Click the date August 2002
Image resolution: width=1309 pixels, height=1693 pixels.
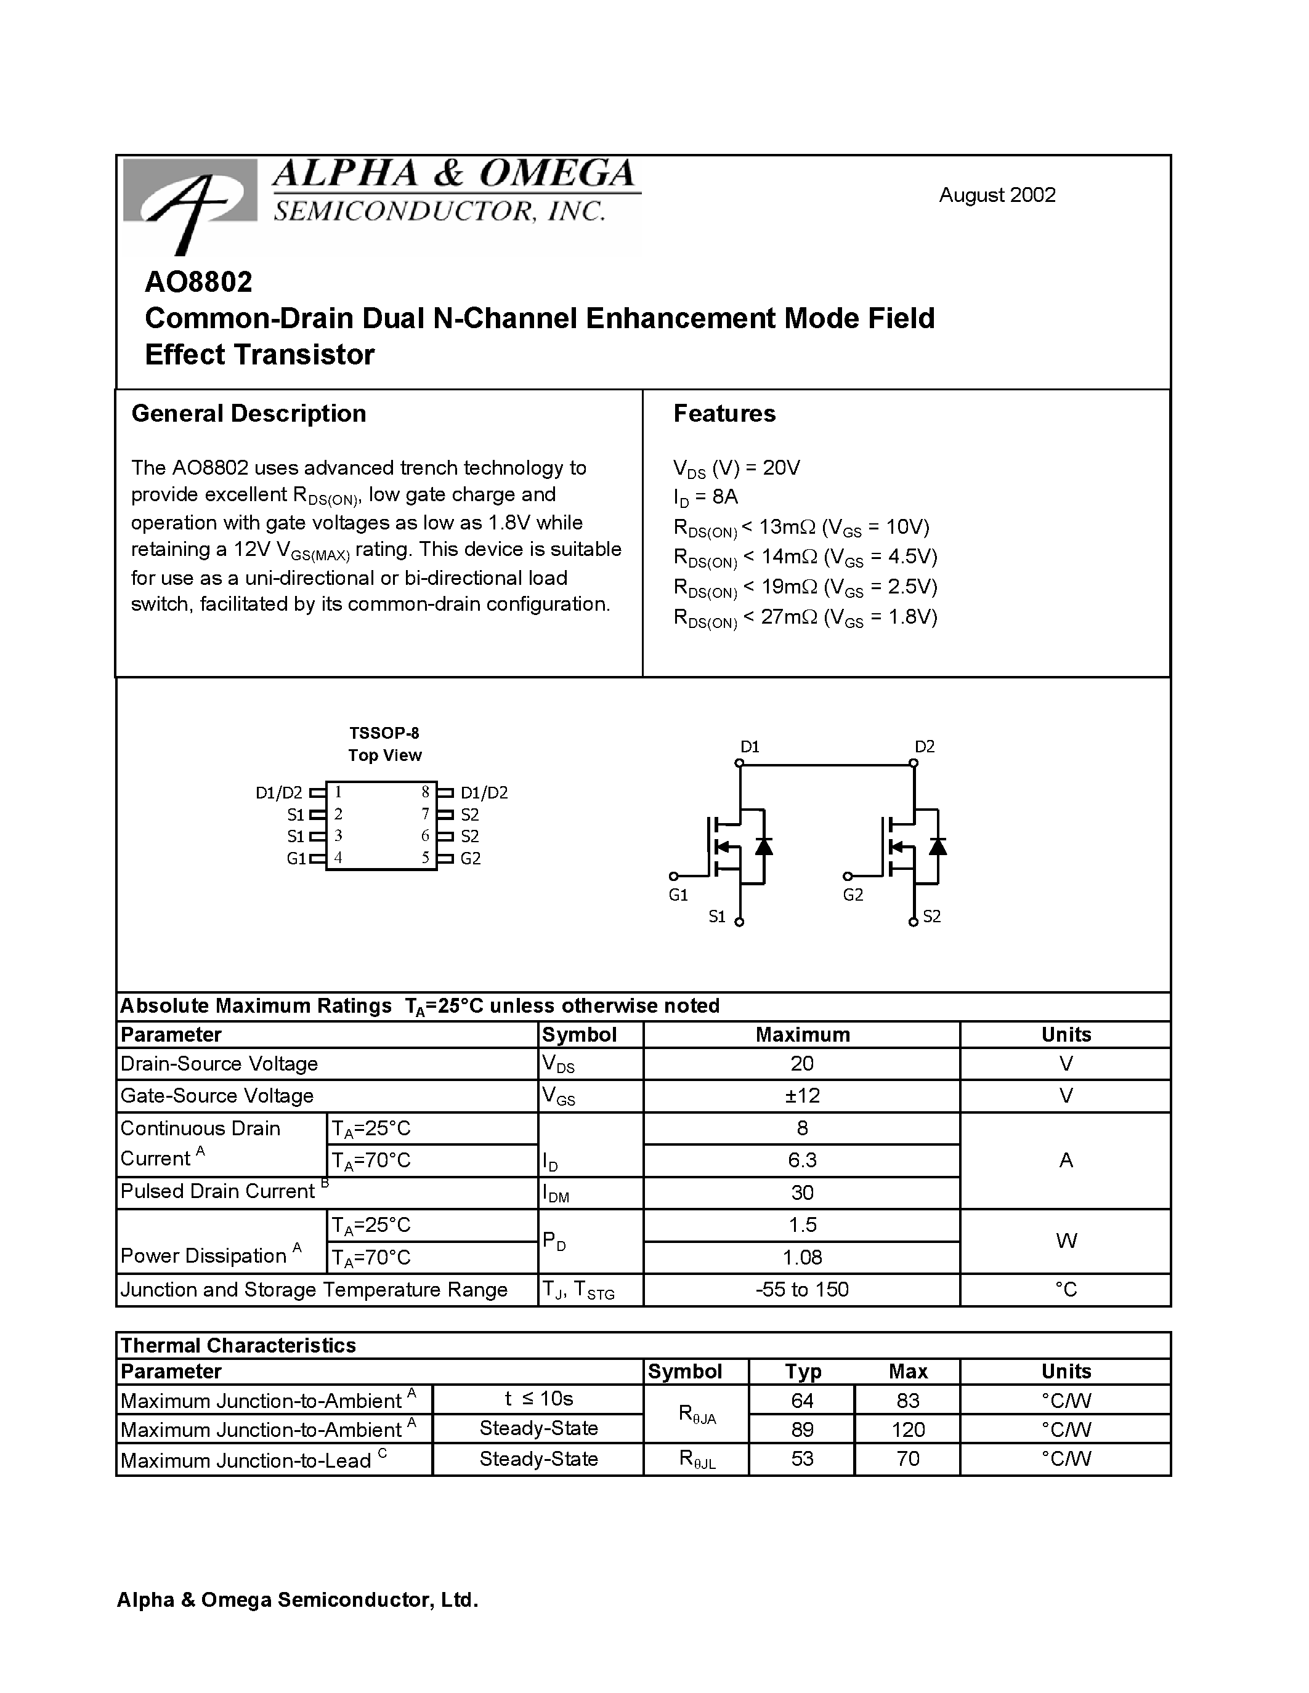click(x=997, y=195)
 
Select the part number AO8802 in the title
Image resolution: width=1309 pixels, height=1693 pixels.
click(x=198, y=282)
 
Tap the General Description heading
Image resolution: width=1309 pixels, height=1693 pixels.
click(x=248, y=413)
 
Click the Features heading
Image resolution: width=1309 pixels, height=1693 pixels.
click(x=724, y=413)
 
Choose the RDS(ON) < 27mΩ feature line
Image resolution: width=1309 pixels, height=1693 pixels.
click(x=805, y=618)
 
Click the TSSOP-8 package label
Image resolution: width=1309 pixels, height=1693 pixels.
click(x=384, y=733)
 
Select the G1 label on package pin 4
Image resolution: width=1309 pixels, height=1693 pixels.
click(x=296, y=858)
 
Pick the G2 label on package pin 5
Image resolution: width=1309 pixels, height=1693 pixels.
click(x=471, y=858)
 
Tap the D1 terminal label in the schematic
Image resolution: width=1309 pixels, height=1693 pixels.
click(x=749, y=747)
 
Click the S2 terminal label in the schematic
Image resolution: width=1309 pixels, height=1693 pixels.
click(x=931, y=916)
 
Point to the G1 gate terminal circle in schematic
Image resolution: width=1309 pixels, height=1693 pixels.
click(x=673, y=876)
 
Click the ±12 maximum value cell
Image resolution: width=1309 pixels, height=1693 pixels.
click(x=802, y=1095)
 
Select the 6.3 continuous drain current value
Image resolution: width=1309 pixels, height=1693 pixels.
click(x=802, y=1160)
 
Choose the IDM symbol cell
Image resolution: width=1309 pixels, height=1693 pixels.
click(x=556, y=1194)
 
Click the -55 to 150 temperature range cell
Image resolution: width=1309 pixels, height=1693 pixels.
click(x=802, y=1289)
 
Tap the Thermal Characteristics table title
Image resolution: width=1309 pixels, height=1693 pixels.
click(x=238, y=1345)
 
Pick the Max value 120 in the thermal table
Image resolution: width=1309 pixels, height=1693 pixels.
click(x=907, y=1429)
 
